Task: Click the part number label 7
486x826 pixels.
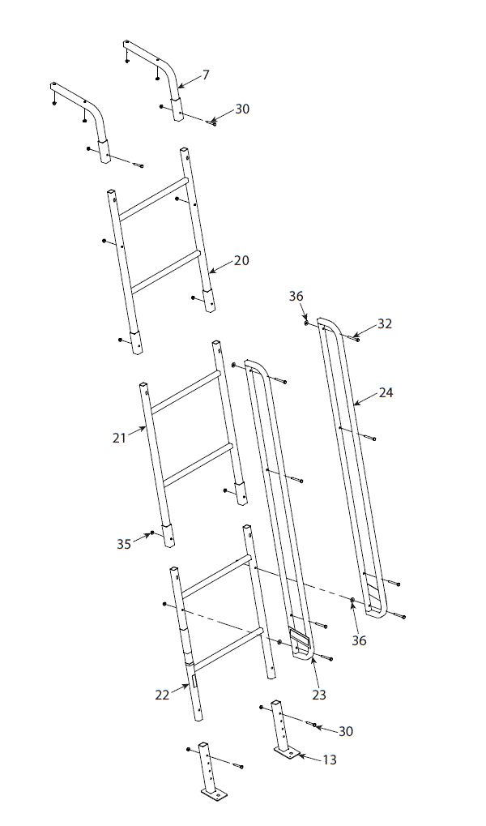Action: tap(206, 75)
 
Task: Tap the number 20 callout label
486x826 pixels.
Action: tap(241, 260)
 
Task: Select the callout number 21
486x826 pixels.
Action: tap(120, 437)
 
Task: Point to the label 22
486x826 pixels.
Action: tap(163, 694)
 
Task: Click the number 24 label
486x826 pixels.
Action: tap(386, 392)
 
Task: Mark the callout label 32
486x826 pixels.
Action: tap(385, 323)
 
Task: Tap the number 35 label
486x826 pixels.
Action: tap(123, 544)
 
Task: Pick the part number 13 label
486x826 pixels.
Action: tap(329, 760)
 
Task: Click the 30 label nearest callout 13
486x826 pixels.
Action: tap(346, 731)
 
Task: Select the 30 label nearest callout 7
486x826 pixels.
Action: tap(242, 109)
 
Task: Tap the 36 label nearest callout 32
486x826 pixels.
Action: tap(296, 297)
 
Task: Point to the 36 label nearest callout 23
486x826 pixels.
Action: tap(359, 640)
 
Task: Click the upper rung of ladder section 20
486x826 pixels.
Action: tap(153, 198)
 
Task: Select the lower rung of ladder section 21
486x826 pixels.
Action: tap(198, 465)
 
